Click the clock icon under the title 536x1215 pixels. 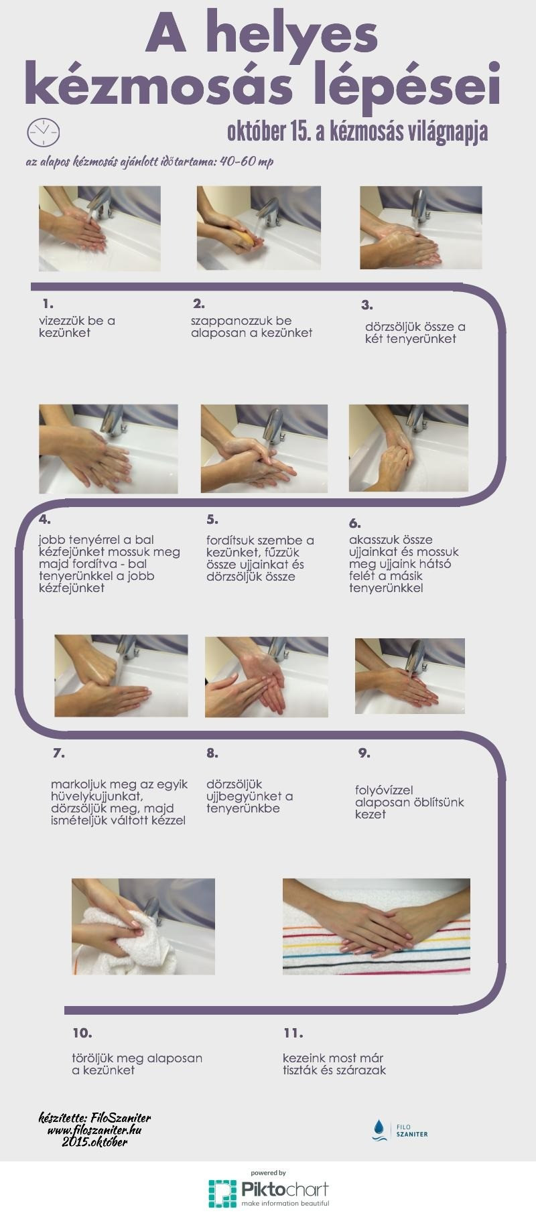43,133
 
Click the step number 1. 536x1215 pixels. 48,303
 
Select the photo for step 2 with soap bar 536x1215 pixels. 259,228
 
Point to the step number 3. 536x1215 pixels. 367,305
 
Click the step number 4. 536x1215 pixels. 46,519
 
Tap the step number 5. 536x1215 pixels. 212,519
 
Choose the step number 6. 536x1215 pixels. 355,523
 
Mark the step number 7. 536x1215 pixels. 59,753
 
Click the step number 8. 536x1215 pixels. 212,753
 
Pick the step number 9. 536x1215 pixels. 364,753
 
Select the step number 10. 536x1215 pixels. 82,1033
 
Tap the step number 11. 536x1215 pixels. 293,1033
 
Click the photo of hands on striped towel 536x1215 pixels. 377,926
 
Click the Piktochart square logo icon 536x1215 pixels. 222,1193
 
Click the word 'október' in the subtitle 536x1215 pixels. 257,132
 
